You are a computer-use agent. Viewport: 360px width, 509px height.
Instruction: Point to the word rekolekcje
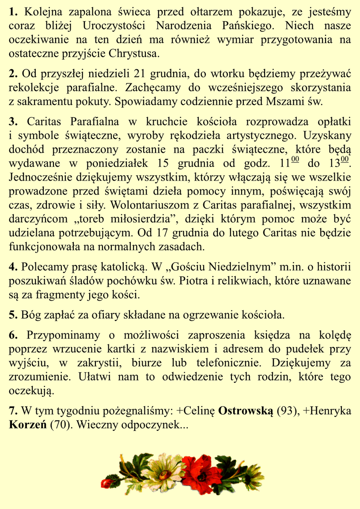pos(30,87)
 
